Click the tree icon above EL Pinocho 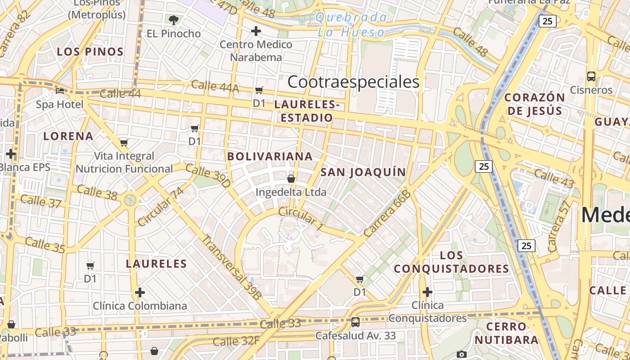point(173,20)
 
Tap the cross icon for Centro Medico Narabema point(256,31)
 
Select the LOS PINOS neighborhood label point(90,52)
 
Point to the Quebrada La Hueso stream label point(351,25)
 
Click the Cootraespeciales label point(353,82)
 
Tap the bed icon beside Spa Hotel point(60,90)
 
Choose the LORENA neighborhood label point(68,136)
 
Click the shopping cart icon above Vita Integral point(124,143)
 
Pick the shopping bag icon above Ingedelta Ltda point(291,179)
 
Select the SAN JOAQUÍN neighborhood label point(363,172)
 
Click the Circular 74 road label point(161,207)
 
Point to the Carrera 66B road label point(387,213)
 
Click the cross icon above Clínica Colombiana point(140,292)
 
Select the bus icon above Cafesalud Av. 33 point(355,322)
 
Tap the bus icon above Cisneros point(591,76)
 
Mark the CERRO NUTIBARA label point(507,333)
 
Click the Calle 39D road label point(208,175)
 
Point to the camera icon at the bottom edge point(461,355)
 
